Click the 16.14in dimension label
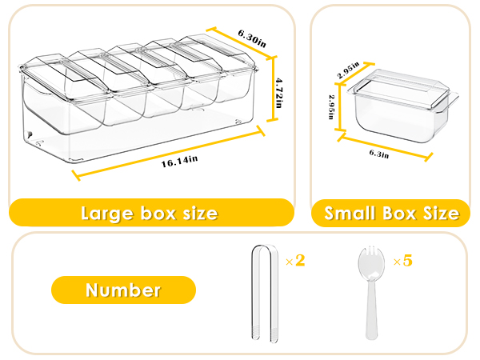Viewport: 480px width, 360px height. point(179,161)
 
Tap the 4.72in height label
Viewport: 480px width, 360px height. point(278,93)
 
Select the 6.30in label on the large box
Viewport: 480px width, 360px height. point(252,38)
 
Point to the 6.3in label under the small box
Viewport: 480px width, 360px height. point(379,154)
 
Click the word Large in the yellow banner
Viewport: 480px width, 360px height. point(107,214)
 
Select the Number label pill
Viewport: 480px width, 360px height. point(123,290)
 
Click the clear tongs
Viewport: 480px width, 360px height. point(265,292)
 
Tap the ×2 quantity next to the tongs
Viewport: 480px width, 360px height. point(295,261)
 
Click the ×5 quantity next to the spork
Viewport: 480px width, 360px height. point(403,261)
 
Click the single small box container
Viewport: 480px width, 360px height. point(403,106)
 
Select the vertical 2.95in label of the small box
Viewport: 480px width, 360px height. point(332,106)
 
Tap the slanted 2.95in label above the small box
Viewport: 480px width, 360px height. point(348,70)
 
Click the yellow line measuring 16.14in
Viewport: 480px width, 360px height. point(168,154)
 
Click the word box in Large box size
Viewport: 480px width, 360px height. point(158,213)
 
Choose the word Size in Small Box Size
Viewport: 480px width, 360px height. point(441,213)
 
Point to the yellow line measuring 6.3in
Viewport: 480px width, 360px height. point(385,148)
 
